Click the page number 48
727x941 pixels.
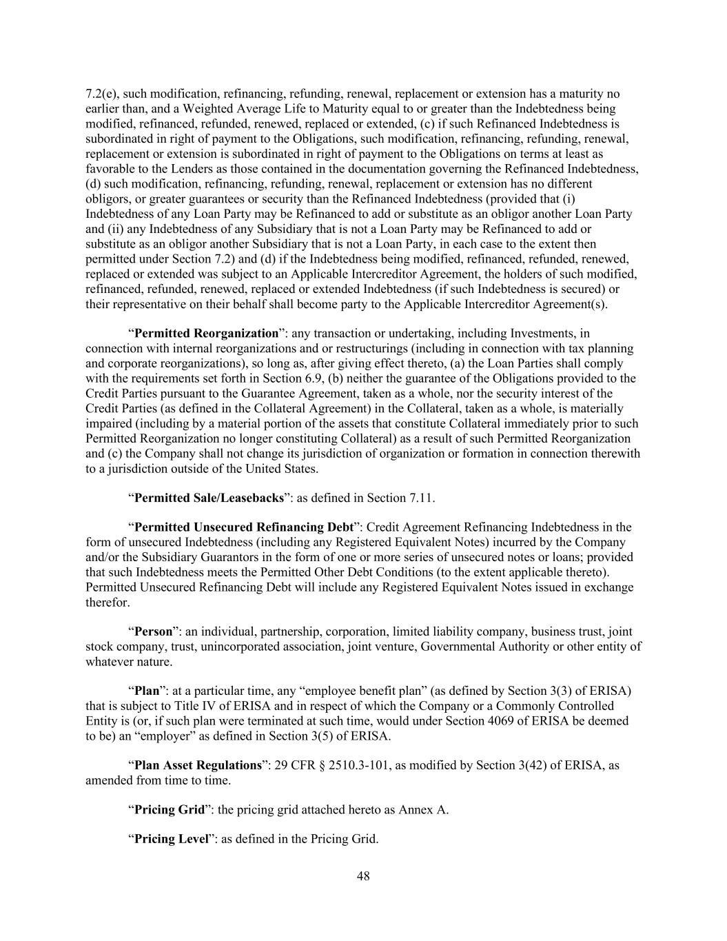363,876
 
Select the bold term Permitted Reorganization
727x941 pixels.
205,334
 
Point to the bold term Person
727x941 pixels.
153,632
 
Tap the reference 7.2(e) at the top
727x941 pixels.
102,94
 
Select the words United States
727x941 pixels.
283,469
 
